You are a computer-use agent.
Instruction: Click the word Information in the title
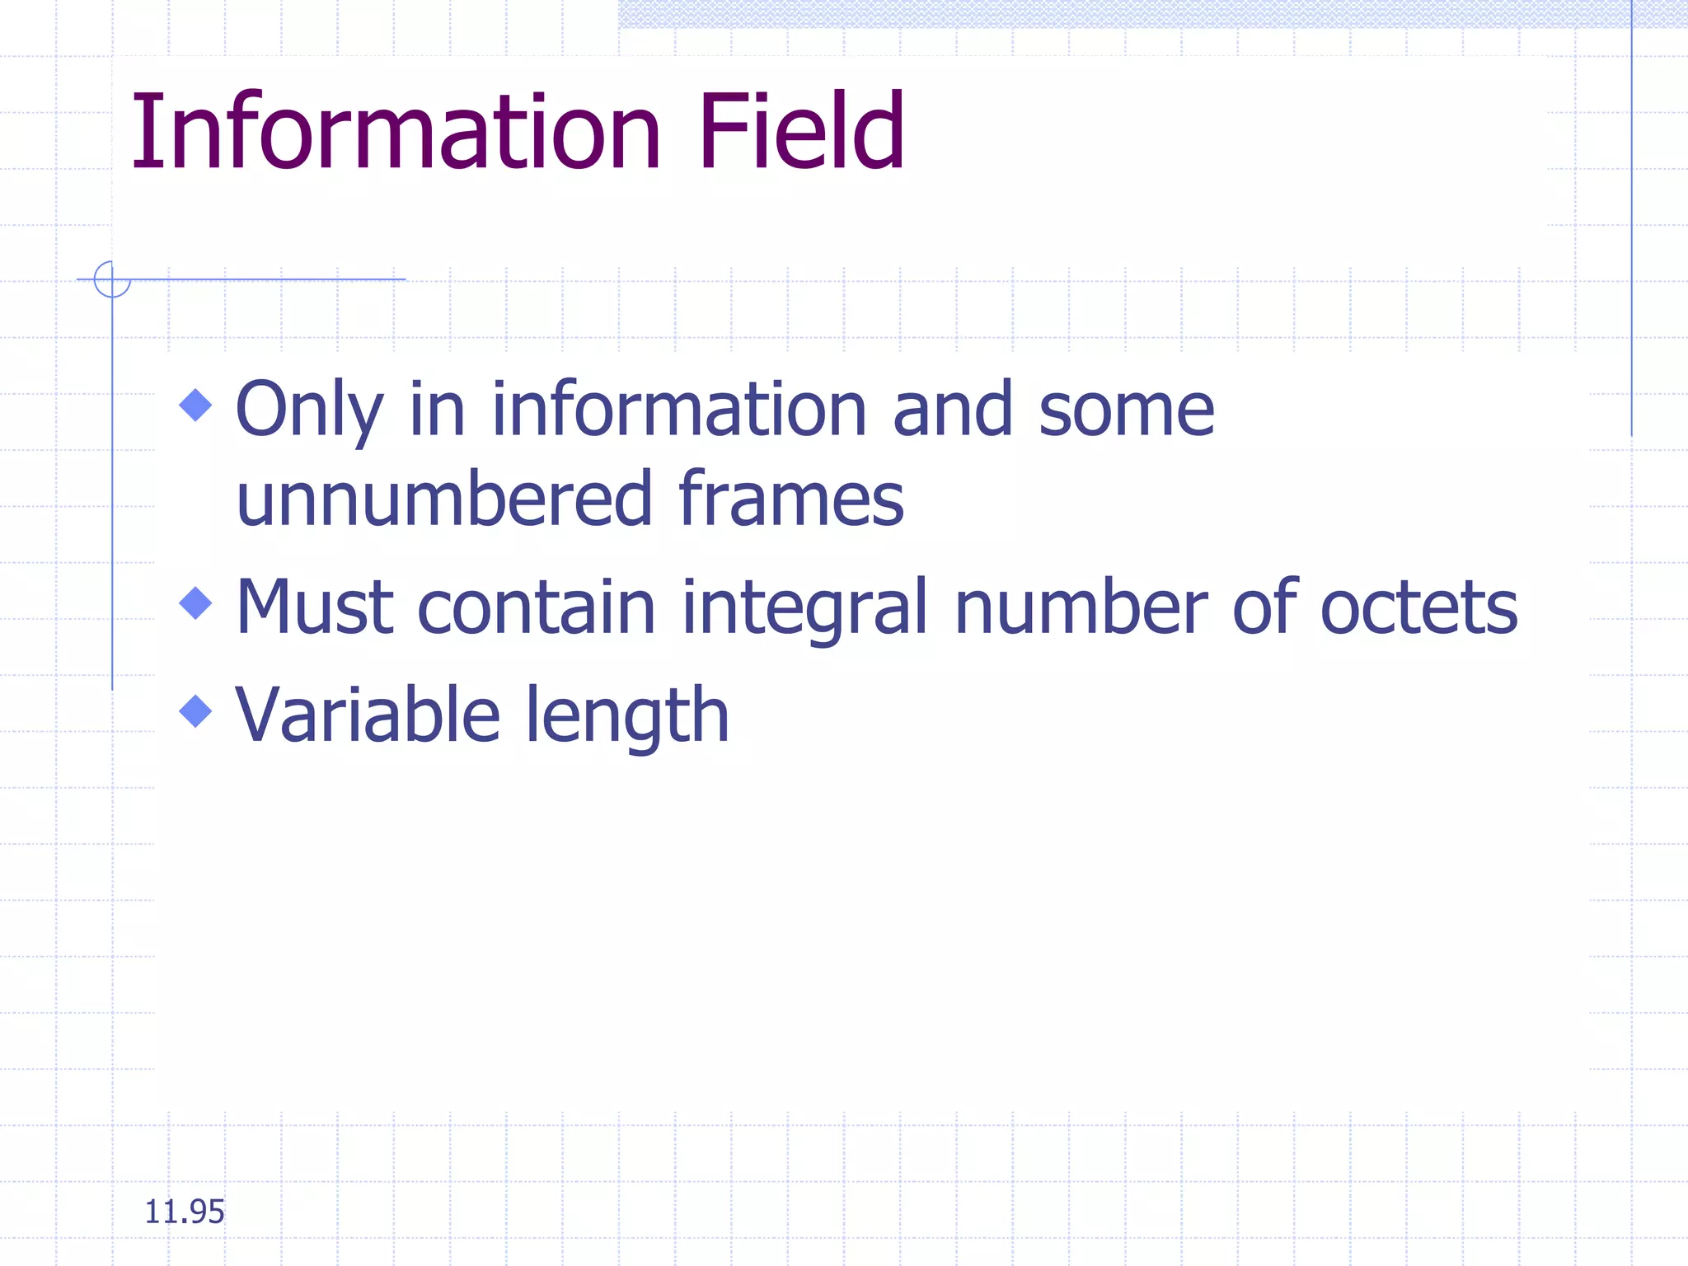[x=396, y=132]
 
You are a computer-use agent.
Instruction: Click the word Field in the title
[x=801, y=132]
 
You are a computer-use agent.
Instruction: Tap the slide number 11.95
[x=184, y=1212]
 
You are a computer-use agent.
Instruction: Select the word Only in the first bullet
[x=309, y=410]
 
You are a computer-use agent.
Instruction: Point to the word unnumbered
[x=444, y=499]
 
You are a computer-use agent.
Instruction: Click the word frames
[x=790, y=499]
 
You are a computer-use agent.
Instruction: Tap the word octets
[x=1418, y=607]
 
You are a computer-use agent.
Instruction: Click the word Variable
[x=368, y=715]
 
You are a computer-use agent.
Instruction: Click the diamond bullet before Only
[x=195, y=405]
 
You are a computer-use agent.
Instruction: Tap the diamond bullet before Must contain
[x=195, y=603]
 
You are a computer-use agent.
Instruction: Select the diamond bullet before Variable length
[x=195, y=710]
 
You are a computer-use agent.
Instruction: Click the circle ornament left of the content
[x=112, y=279]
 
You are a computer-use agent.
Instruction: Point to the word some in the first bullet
[x=1126, y=410]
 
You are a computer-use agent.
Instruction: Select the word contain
[x=537, y=607]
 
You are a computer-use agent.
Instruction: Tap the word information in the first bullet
[x=679, y=410]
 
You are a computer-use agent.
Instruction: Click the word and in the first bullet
[x=953, y=410]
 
